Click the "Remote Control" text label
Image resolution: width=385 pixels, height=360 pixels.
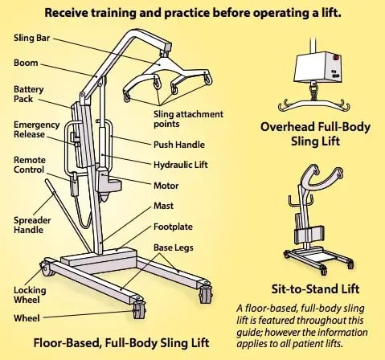tap(29, 165)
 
